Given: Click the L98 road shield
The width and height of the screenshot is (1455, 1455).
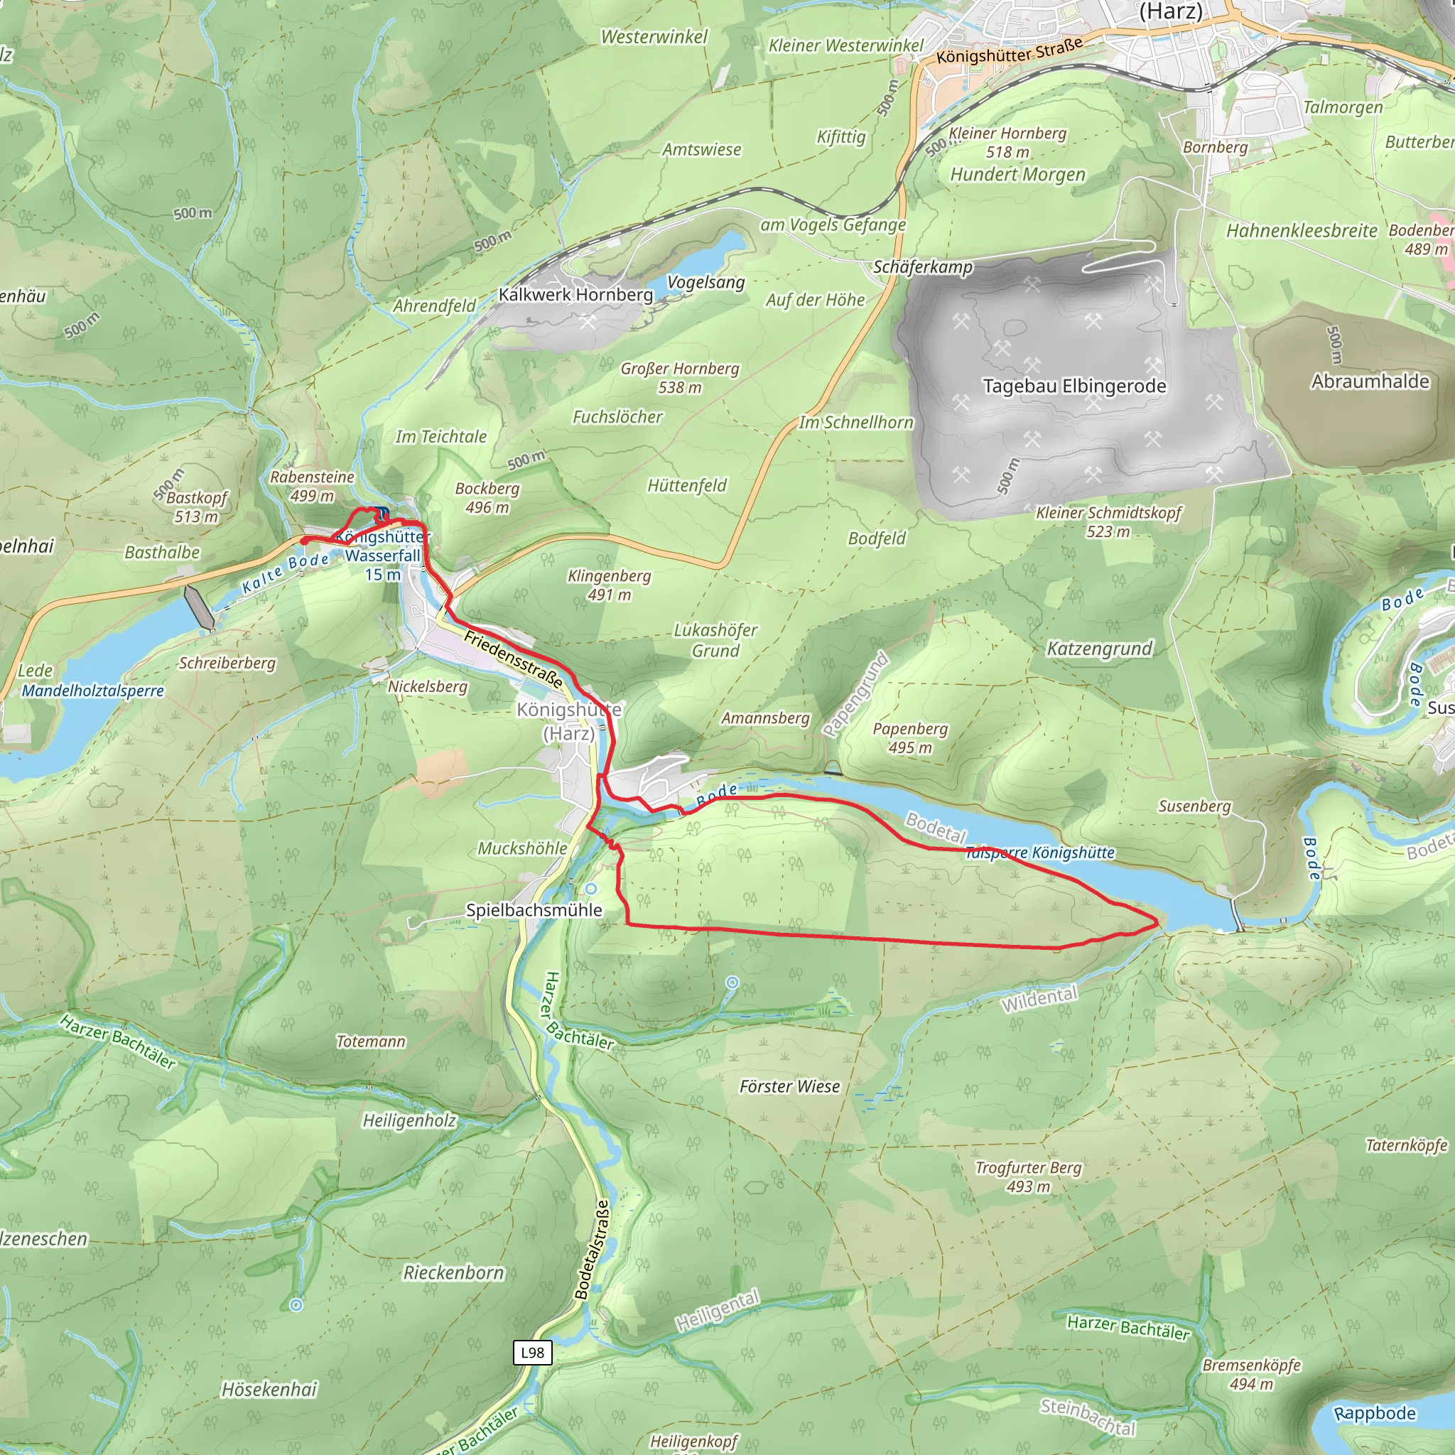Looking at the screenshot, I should tap(532, 1353).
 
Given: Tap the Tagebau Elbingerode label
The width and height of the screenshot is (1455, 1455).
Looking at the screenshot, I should tap(1074, 386).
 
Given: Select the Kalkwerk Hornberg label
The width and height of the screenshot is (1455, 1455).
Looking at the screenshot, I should tap(575, 294).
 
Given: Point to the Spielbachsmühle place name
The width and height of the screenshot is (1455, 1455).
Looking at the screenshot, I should tap(534, 910).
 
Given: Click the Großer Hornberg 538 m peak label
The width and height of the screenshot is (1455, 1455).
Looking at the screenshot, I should tap(680, 378).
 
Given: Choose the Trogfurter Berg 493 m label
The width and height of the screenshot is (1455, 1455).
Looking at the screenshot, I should tap(1028, 1177).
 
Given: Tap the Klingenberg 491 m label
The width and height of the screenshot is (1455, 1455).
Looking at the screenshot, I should tap(610, 585).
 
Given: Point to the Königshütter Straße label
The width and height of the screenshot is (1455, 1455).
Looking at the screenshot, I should tap(1009, 50).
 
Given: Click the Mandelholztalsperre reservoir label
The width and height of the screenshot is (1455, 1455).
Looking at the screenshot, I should tap(92, 691).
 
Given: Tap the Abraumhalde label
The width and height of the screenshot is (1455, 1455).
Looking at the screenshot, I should tap(1370, 381).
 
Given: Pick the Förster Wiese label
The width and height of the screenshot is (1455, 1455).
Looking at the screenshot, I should tap(789, 1086).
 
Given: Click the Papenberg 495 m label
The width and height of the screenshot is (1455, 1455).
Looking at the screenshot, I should tap(910, 738).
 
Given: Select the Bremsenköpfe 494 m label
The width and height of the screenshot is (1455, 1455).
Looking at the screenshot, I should tap(1251, 1375).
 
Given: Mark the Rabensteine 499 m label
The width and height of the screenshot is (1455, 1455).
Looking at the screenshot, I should tap(312, 486).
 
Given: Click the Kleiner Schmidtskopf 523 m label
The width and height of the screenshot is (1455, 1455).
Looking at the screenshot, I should tap(1108, 522).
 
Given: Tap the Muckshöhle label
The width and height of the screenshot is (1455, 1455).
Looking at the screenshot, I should tap(523, 848).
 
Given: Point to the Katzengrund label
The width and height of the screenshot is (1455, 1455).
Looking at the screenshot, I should tap(1100, 649).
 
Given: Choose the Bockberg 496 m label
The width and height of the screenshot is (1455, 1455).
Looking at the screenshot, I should tap(487, 498).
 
